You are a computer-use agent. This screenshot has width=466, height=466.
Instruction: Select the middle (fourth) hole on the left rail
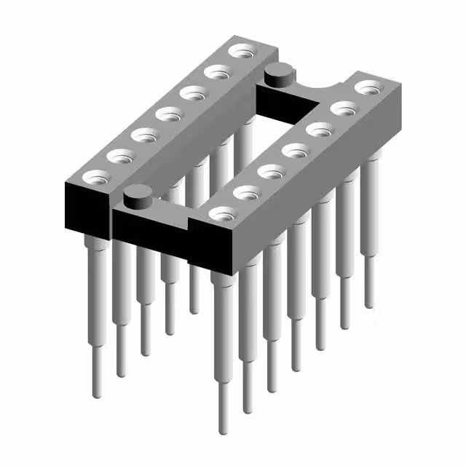[168, 114]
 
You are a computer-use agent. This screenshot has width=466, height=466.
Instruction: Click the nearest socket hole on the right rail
[221, 214]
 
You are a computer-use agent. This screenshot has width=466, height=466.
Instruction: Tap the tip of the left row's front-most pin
[98, 394]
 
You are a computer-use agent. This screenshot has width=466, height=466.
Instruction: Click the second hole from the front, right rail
[246, 193]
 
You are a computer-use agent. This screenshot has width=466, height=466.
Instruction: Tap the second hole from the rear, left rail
[216, 73]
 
